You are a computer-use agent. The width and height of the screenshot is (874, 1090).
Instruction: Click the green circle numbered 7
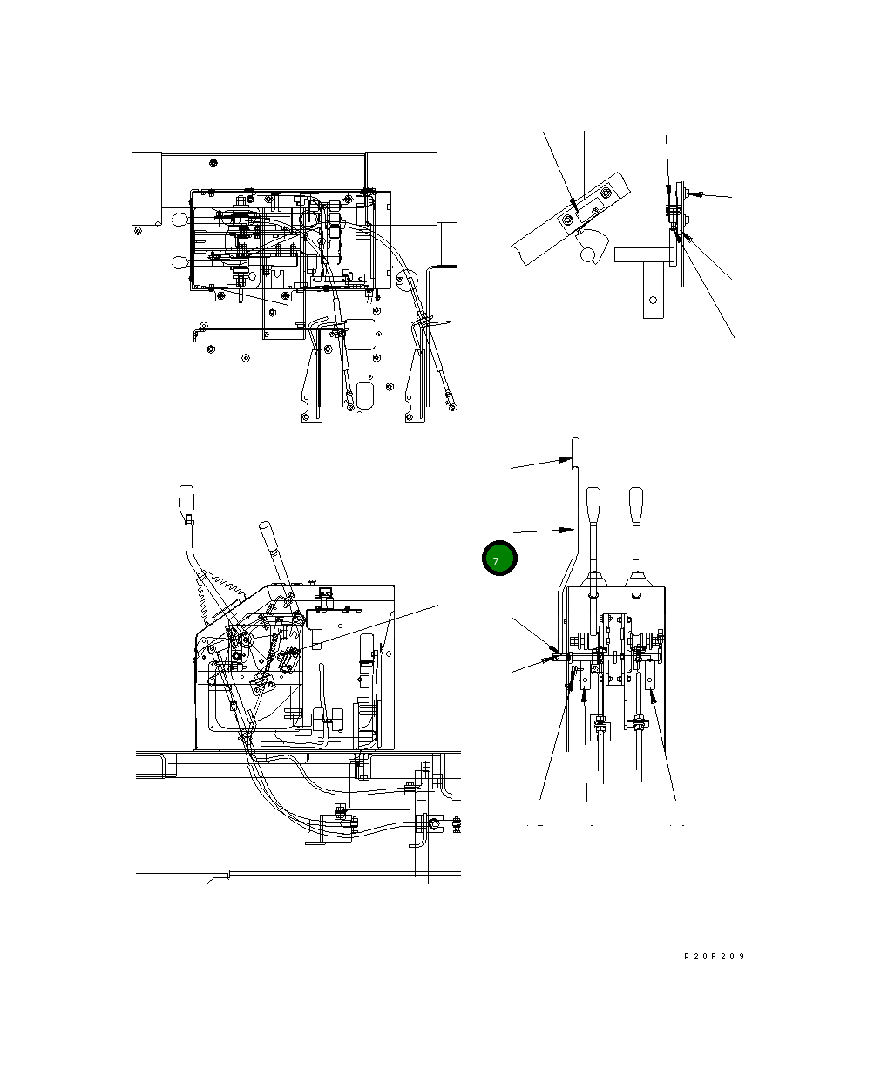click(x=499, y=559)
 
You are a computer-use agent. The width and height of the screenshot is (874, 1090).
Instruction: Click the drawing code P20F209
click(x=714, y=957)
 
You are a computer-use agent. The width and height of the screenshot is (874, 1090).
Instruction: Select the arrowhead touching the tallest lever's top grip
click(x=565, y=460)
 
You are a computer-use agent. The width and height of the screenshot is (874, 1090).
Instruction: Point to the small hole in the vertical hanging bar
click(x=653, y=301)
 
